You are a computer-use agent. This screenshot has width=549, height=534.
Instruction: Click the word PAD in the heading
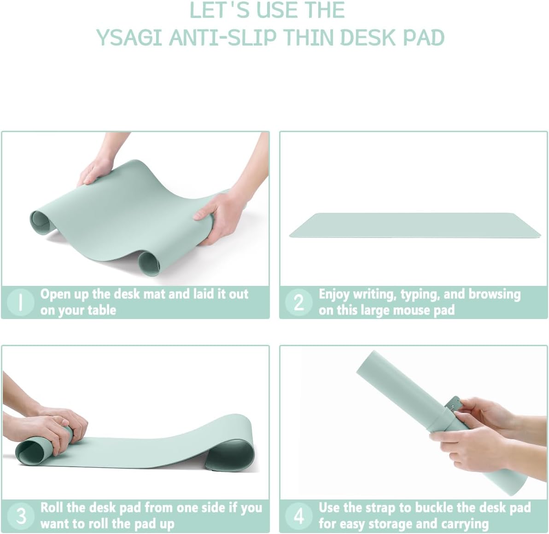(x=424, y=38)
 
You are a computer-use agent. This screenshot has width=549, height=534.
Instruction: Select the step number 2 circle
(x=299, y=302)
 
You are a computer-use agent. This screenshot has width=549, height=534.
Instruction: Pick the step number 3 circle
(x=21, y=516)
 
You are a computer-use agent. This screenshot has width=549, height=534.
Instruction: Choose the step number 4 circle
(x=299, y=516)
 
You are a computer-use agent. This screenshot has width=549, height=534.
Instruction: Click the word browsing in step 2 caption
(x=495, y=294)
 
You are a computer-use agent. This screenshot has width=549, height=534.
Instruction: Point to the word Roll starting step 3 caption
(x=52, y=508)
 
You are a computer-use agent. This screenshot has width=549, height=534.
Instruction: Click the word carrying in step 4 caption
(x=465, y=524)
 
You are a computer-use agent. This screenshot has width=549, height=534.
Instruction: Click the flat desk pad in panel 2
(x=415, y=225)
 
